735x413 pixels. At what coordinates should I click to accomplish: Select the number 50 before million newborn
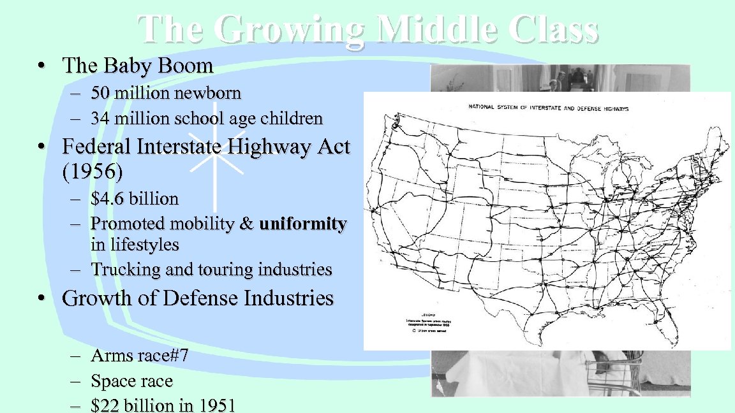click(100, 94)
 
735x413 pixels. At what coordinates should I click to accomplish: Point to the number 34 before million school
click(100, 119)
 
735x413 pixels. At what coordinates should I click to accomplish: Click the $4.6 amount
click(108, 199)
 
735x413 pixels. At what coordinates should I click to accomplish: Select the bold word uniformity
click(303, 224)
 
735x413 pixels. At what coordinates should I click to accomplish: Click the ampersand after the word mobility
click(247, 224)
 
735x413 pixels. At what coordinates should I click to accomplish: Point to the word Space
click(112, 381)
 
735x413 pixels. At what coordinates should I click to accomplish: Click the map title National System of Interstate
click(548, 108)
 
